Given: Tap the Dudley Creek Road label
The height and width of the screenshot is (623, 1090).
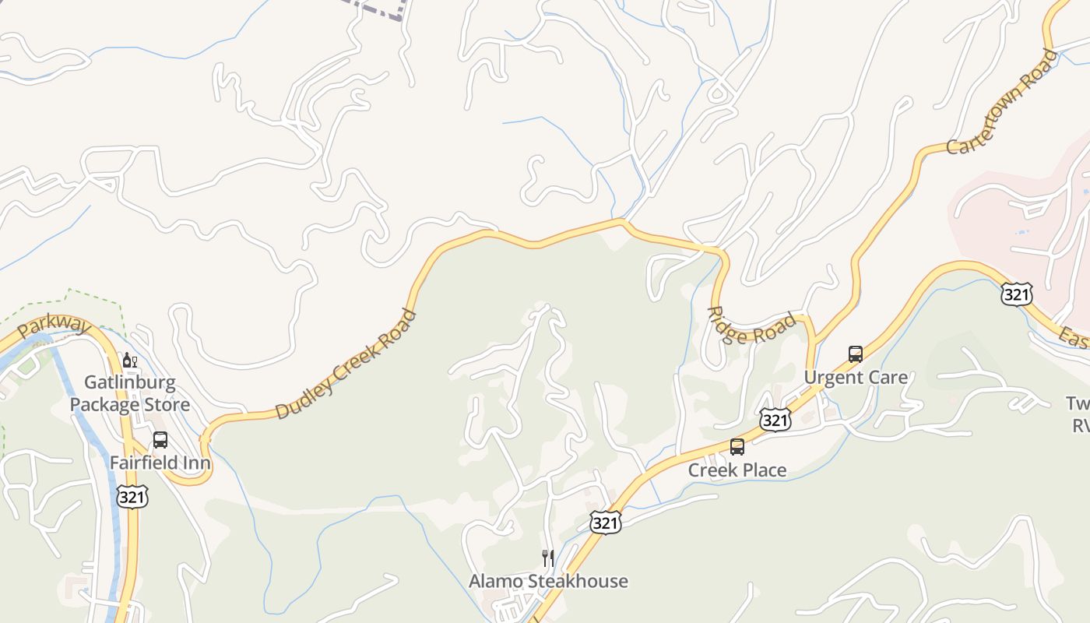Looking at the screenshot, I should point(346,364).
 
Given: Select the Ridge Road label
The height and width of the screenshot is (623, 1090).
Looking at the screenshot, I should point(752,325).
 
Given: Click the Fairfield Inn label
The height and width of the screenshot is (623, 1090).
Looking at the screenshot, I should point(160,463).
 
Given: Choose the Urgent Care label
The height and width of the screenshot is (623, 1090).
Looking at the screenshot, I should point(856,378).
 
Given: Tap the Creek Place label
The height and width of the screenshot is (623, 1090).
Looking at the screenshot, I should point(737,470).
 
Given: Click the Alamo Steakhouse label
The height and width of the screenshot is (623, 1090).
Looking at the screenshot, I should point(548,581).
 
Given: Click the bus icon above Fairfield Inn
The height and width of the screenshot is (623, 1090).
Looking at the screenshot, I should point(160,440).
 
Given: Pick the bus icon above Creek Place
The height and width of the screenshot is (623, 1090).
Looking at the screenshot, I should point(737,447).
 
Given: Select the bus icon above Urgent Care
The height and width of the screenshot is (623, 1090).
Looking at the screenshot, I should point(856,354).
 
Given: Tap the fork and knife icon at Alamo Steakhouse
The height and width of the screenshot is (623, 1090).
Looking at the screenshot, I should point(548,558).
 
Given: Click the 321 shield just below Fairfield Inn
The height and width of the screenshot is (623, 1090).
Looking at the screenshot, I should point(132,497).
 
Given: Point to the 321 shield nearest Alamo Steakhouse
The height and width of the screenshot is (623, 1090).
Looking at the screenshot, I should point(606,523).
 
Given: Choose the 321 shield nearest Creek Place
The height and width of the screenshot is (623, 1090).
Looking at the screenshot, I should point(776,421).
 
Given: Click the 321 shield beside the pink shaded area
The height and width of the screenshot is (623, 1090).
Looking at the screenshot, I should point(1017,294).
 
